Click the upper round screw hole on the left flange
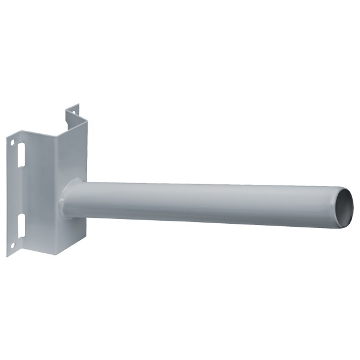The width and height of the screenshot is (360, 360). [11, 142]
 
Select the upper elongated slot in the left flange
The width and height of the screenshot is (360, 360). [22, 155]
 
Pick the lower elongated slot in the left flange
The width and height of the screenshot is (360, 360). [22, 226]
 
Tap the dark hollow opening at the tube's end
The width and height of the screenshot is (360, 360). [344, 208]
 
